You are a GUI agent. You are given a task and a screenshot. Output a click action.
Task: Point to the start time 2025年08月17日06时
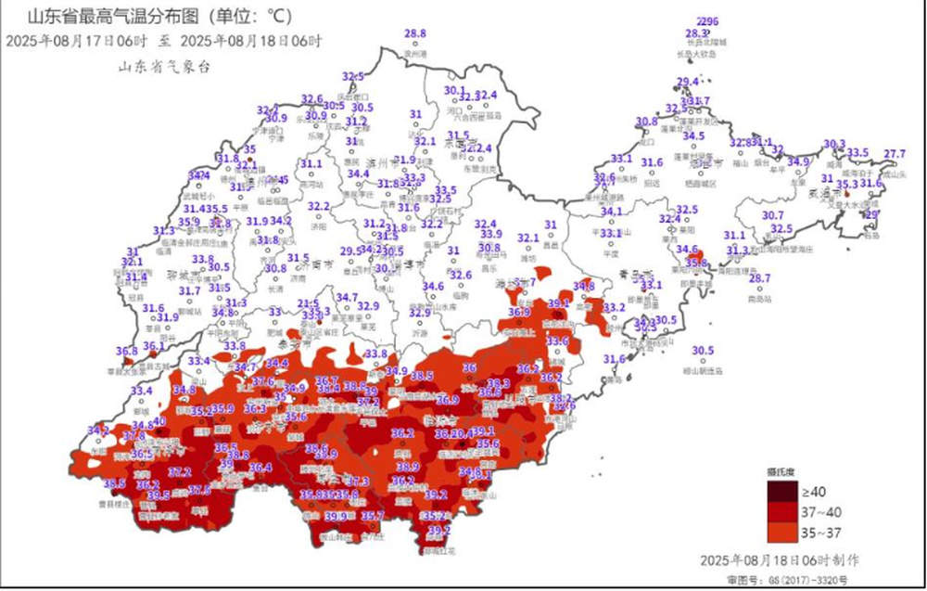click(76, 41)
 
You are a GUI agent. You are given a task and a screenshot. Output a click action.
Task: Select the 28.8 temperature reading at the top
click(415, 33)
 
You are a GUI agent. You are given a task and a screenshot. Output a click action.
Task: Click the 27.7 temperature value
click(895, 153)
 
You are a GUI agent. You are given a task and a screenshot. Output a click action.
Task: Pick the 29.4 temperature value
click(687, 83)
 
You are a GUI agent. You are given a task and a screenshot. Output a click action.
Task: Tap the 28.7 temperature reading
click(759, 278)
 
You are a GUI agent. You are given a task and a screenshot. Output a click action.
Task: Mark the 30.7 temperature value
click(773, 215)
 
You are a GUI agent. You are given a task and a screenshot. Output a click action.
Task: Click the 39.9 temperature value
click(336, 516)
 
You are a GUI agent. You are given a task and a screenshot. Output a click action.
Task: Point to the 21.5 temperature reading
click(309, 303)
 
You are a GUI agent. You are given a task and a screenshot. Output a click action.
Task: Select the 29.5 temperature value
click(350, 251)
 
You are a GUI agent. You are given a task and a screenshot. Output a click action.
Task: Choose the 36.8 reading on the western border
click(127, 351)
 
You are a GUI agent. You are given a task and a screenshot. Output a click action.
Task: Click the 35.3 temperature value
click(847, 184)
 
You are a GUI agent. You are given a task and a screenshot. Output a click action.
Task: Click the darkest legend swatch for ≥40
click(779, 492)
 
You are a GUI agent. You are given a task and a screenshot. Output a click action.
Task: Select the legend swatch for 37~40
click(779, 512)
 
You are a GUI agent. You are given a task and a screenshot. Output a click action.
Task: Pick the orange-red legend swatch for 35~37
click(779, 533)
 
